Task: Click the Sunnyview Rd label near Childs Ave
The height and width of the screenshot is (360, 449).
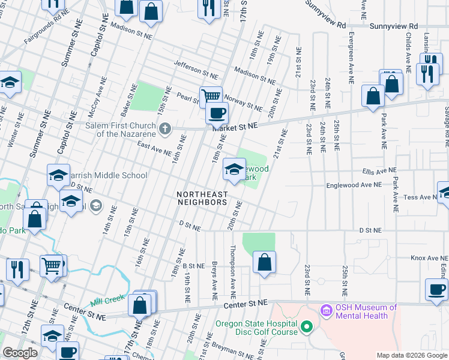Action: click(393, 26)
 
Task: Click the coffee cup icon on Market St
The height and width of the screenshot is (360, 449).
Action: click(217, 112)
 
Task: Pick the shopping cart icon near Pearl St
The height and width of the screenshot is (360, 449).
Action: click(211, 96)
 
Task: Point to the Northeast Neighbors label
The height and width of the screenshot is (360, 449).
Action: click(202, 198)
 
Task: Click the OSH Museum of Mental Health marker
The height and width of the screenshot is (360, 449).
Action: click(327, 310)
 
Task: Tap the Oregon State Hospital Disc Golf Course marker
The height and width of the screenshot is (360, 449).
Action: click(307, 328)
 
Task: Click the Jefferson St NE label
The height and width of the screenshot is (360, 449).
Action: click(196, 70)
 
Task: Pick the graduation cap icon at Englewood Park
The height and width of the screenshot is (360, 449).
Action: click(234, 169)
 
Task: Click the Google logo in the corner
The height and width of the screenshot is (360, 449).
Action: click(20, 353)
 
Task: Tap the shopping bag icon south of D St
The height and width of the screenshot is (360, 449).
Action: click(264, 262)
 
